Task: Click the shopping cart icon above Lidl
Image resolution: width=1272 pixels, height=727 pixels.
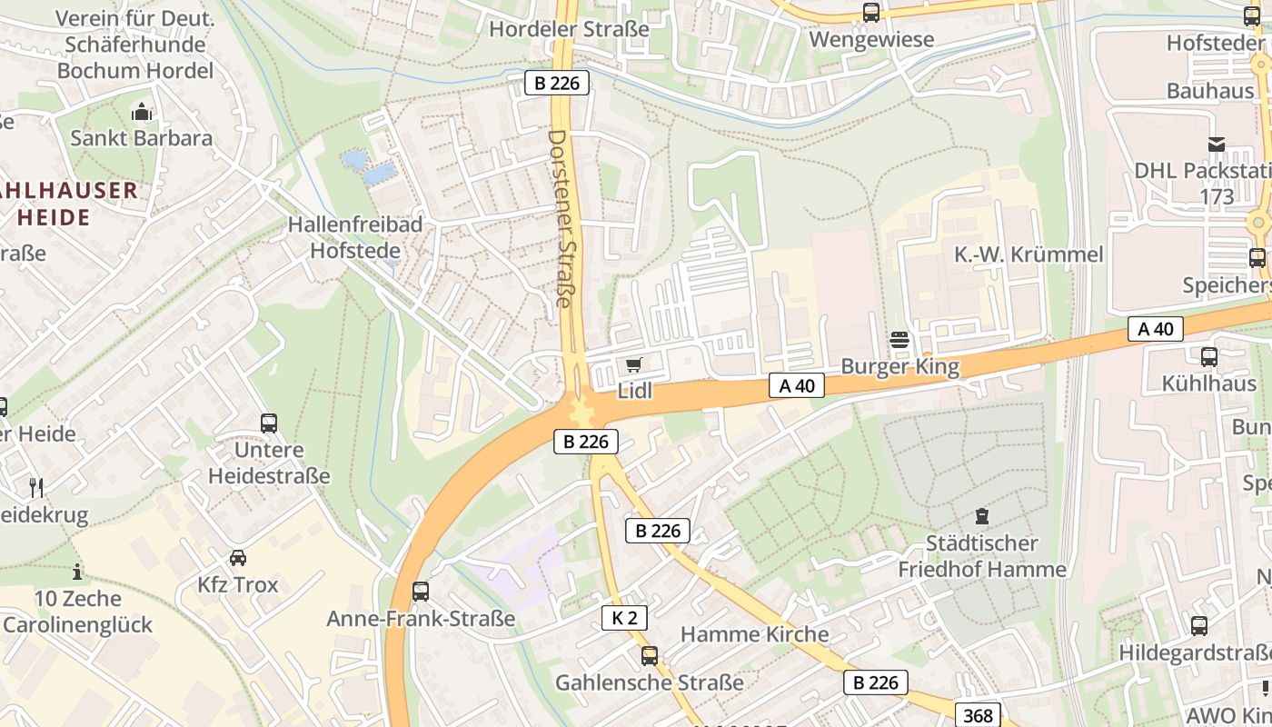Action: coord(633,364)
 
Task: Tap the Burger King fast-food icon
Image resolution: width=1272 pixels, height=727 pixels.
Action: coord(899,340)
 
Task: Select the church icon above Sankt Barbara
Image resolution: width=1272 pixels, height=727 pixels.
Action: coord(141,112)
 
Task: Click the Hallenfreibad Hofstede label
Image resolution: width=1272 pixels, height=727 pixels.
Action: coord(354,237)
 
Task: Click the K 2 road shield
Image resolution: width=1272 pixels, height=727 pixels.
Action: coord(624,618)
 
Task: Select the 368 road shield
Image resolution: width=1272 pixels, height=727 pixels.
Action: coord(978,715)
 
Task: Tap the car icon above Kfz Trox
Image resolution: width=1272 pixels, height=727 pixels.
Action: coord(238,557)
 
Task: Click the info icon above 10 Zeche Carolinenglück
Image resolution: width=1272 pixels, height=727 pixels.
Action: coord(77,572)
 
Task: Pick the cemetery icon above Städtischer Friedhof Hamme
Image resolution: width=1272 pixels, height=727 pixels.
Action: coord(981,516)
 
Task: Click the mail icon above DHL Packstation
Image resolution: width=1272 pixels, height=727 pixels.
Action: coord(1216,144)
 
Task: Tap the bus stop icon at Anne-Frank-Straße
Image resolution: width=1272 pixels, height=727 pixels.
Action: coord(421,592)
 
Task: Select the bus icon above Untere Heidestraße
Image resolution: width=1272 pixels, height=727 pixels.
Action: coord(269,423)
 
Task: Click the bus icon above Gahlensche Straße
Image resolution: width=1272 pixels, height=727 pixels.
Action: coord(649,655)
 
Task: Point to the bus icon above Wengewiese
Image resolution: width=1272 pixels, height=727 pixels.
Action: coord(870,13)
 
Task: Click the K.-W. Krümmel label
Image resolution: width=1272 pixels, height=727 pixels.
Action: coord(1029,254)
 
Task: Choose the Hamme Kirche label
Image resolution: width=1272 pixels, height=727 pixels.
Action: coord(754,634)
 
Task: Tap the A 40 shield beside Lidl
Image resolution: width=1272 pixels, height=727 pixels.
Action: coord(796,385)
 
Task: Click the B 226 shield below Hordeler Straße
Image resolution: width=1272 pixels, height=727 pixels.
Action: coord(557,83)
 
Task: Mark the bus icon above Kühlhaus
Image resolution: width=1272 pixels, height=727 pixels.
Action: coord(1208,357)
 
